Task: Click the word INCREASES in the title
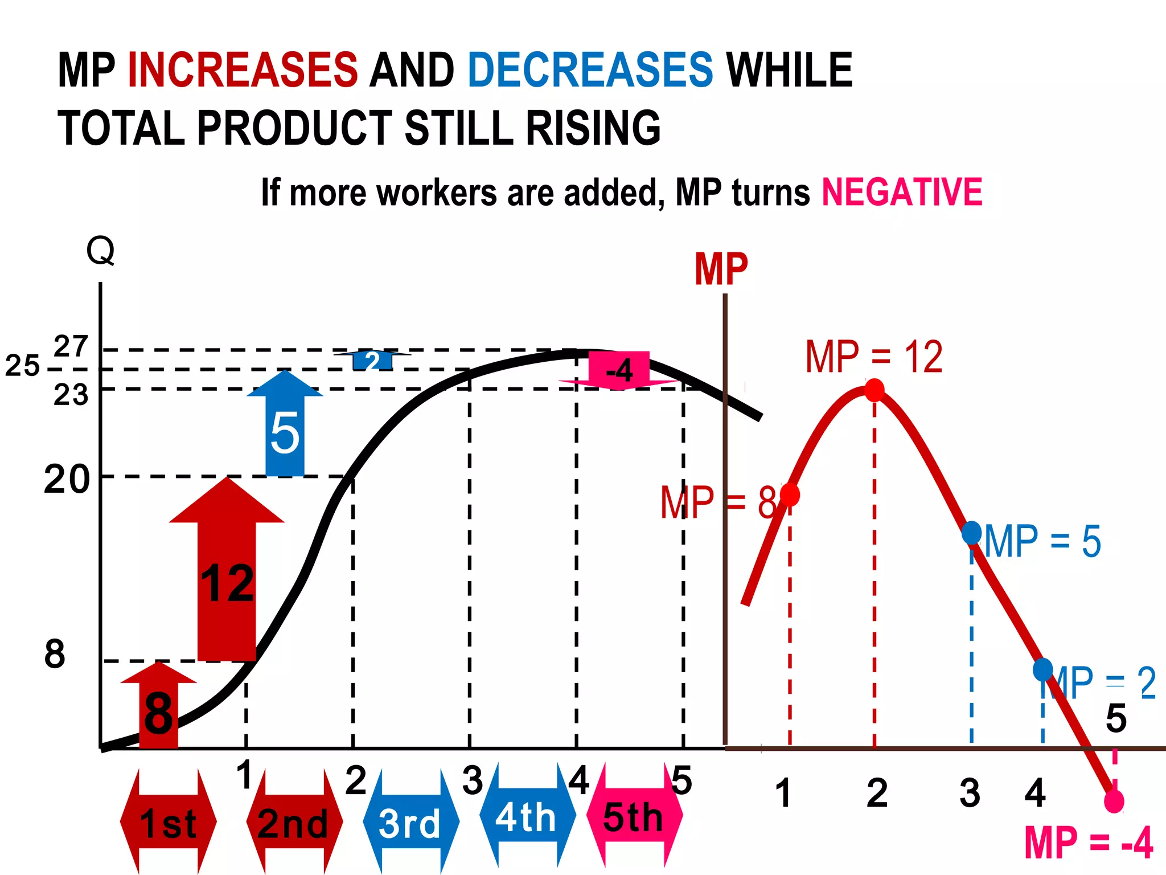243,70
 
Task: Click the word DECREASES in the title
590,70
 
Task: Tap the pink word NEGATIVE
902,192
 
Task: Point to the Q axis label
100,251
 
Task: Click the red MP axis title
721,269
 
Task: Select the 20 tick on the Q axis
67,479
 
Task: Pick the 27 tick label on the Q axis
71,346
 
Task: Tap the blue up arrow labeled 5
285,427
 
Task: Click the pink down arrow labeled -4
619,370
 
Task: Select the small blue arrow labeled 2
372,361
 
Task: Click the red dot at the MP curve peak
874,390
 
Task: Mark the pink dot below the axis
1114,802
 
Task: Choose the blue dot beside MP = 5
971,533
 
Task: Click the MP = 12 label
874,357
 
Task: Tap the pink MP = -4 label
1089,843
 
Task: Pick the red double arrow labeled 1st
168,823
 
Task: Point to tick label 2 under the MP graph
877,792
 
